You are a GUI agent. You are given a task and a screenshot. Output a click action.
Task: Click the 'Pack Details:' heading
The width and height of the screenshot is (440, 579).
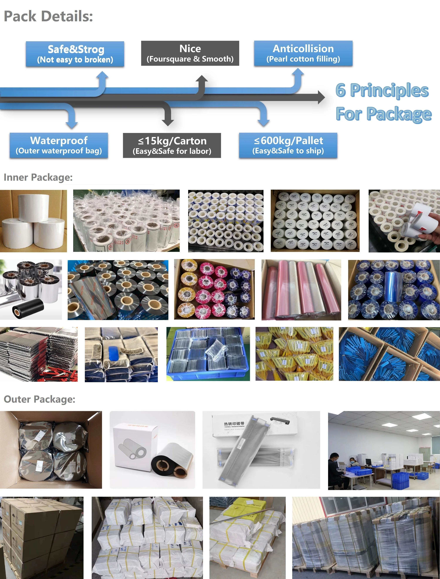pyautogui.click(x=48, y=16)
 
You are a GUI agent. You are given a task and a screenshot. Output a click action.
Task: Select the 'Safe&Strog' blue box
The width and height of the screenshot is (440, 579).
pyautogui.click(x=75, y=54)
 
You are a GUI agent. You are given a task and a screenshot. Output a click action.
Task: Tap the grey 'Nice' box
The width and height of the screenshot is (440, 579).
pyautogui.click(x=190, y=53)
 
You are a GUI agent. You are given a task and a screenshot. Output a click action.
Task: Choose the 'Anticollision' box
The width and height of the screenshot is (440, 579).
pyautogui.click(x=303, y=53)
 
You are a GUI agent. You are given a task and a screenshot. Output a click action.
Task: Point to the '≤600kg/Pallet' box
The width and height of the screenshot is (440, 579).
pyautogui.click(x=288, y=145)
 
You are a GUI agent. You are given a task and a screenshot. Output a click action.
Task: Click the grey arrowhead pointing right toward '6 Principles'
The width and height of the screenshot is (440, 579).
pyautogui.click(x=321, y=97)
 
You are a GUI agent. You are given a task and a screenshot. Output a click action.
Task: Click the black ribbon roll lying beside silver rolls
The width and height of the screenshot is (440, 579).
pyautogui.click(x=28, y=307)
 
